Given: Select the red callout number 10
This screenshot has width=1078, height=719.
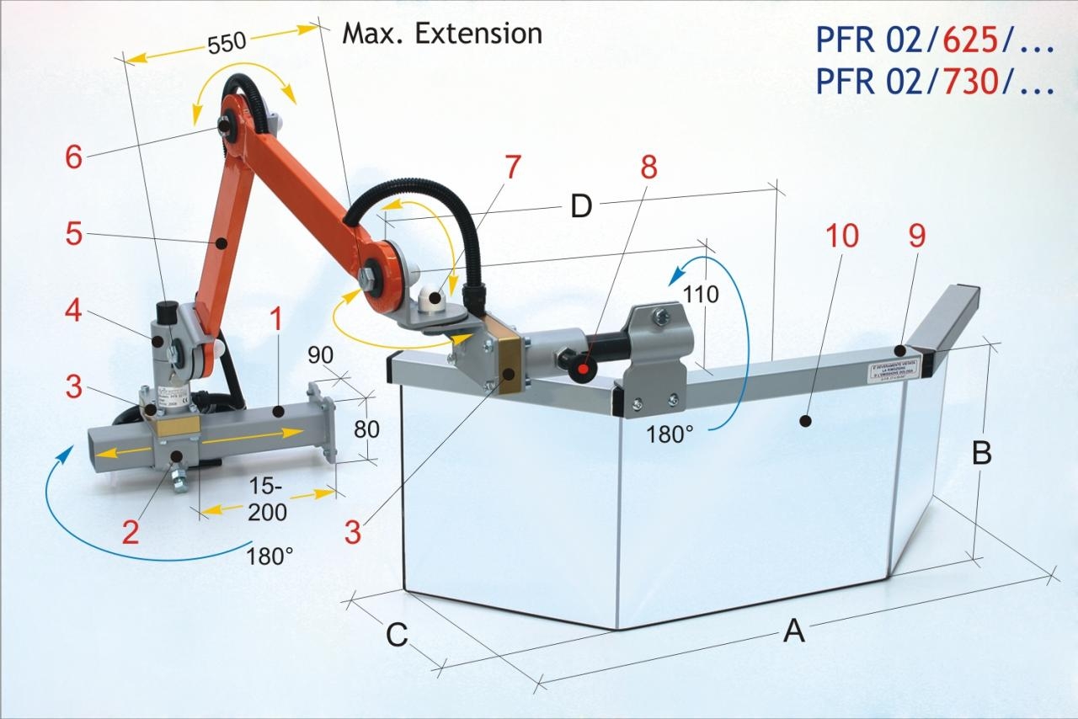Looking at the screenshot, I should pyautogui.click(x=841, y=237).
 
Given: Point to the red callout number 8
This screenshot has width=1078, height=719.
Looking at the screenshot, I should pyautogui.click(x=648, y=168).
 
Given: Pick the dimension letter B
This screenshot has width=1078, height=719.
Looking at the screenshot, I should pyautogui.click(x=981, y=453).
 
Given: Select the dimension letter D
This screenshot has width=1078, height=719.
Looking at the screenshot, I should pyautogui.click(x=581, y=206).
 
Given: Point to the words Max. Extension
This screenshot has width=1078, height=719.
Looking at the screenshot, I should pyautogui.click(x=442, y=34).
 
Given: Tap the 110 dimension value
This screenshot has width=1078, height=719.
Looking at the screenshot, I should pyautogui.click(x=701, y=295).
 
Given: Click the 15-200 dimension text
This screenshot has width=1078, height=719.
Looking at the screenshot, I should pyautogui.click(x=267, y=499).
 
